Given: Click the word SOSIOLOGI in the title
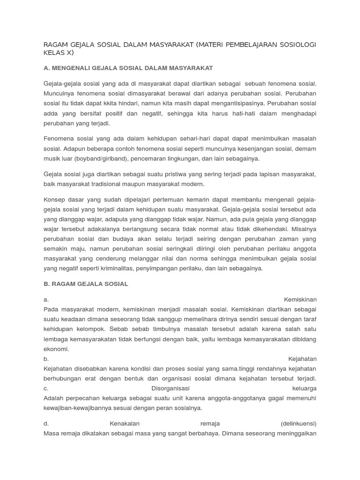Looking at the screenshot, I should [295, 45].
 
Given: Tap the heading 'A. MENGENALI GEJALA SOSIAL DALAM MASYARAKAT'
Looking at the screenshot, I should [128, 68].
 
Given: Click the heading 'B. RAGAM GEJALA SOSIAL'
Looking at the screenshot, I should [86, 284].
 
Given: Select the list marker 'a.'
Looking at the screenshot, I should [46, 300].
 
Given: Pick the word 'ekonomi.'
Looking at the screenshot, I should [56, 349].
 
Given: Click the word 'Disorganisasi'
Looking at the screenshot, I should [170, 388].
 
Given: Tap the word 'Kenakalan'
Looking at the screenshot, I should [125, 423].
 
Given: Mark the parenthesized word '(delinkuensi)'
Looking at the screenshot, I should [299, 423].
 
